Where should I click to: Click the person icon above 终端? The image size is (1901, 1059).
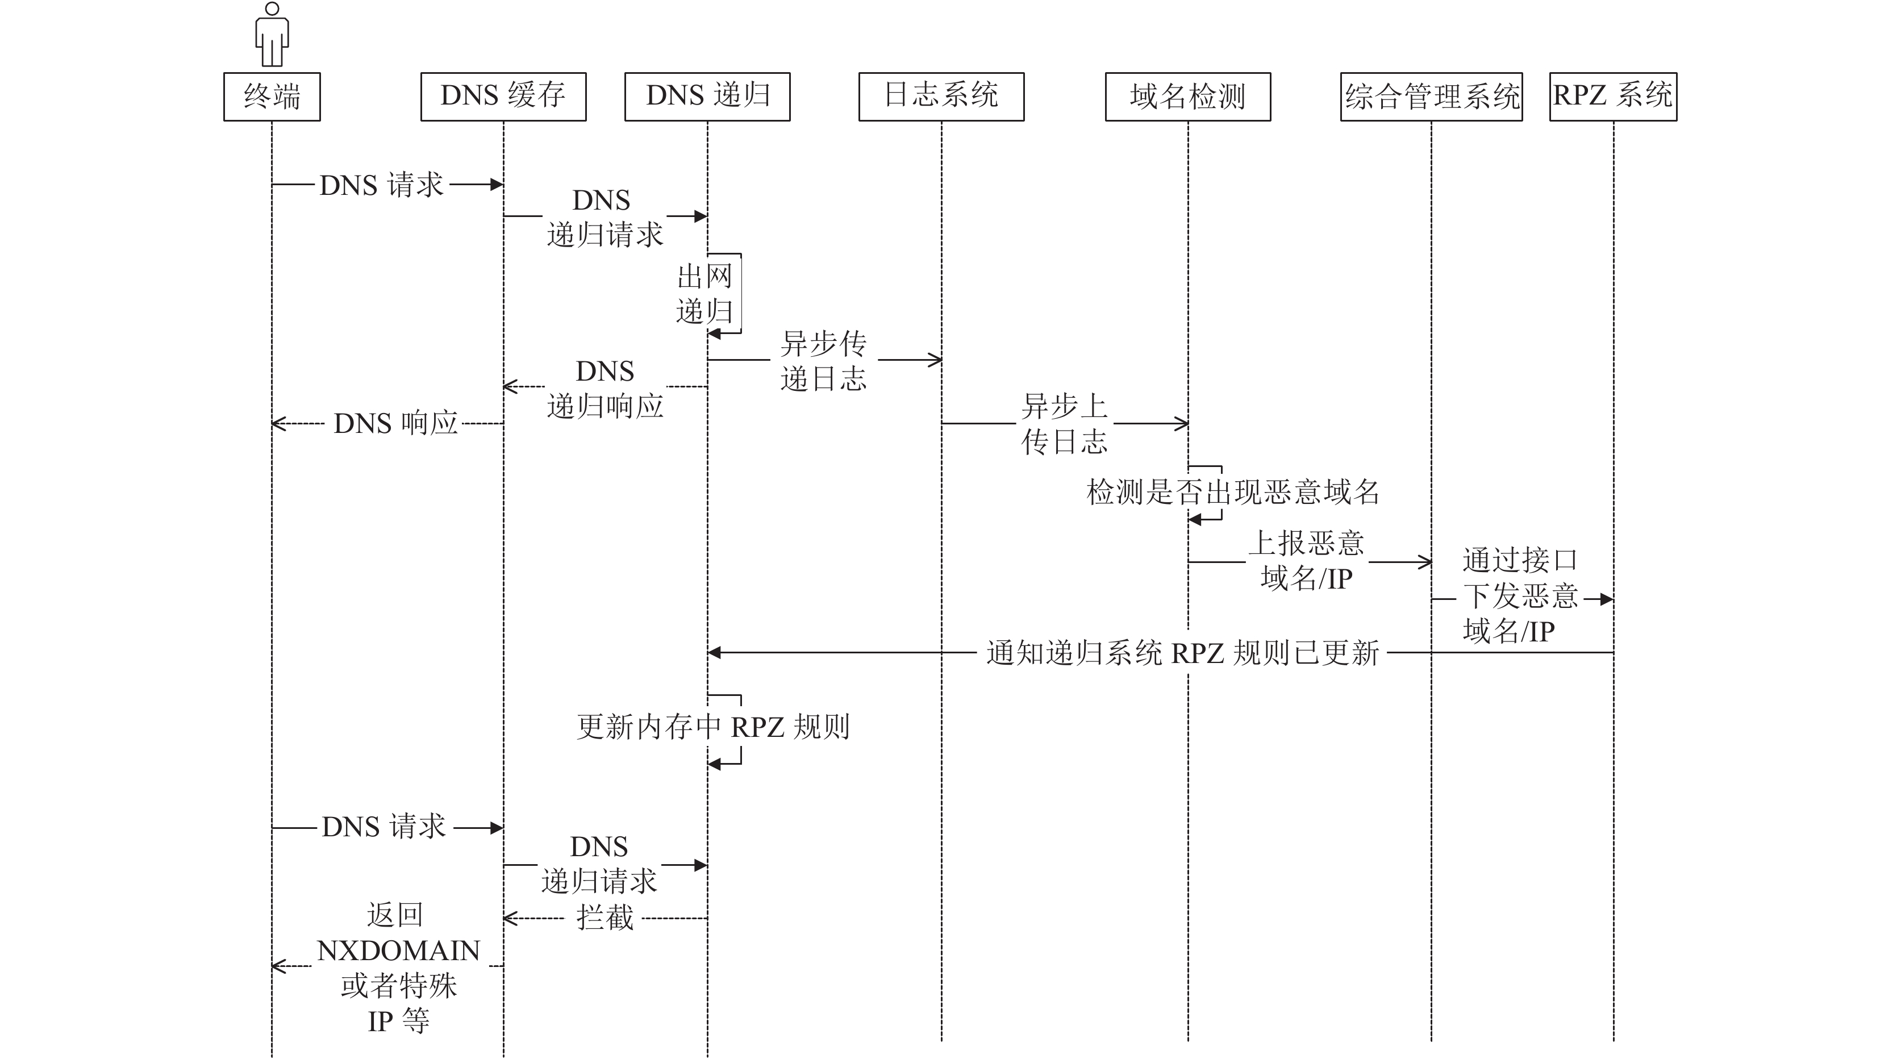tap(272, 35)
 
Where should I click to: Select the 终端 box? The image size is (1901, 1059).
tap(272, 97)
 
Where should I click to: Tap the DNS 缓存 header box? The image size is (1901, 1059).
tap(503, 97)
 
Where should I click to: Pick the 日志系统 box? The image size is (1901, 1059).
tap(941, 97)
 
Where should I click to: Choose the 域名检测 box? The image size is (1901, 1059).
tap(1187, 97)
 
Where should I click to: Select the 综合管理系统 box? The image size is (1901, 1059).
tap(1431, 97)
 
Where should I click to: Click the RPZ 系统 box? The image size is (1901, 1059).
tap(1612, 97)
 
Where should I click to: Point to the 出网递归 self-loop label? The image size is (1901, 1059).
tap(704, 294)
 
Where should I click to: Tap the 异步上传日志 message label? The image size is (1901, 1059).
tap(1064, 424)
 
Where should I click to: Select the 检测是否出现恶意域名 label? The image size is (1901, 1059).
tap(1232, 492)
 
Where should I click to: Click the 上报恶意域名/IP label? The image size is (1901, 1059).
tap(1306, 561)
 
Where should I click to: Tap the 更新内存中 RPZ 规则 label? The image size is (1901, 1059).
tap(713, 727)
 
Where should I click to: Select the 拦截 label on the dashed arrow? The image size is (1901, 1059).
tap(605, 918)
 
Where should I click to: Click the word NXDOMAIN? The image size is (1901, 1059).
tap(398, 950)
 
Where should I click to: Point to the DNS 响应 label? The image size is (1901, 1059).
tap(395, 424)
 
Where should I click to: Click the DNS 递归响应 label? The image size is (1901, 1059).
tap(605, 388)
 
